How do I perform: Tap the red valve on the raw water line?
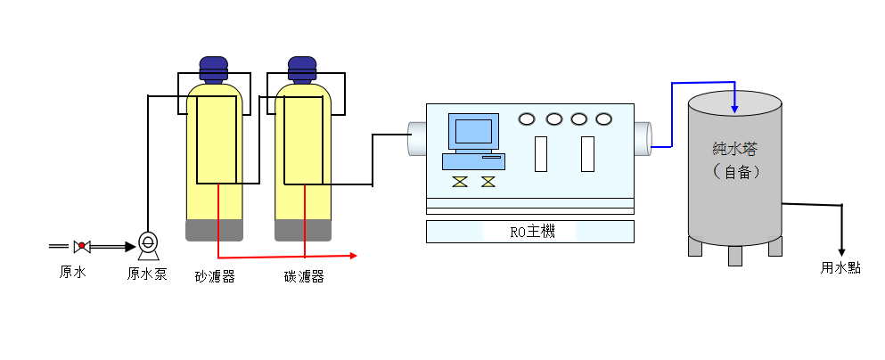click(82, 244)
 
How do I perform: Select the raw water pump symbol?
click(148, 242)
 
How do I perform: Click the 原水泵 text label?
click(147, 274)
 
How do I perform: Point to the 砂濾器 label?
click(215, 276)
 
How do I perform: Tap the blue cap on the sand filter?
click(213, 69)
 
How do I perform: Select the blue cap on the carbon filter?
click(303, 69)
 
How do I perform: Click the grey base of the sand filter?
click(214, 230)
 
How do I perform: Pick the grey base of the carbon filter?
click(303, 230)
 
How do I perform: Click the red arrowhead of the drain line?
click(354, 256)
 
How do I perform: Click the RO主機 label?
click(531, 232)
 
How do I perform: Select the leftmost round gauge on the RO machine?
click(528, 119)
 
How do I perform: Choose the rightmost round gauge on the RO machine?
click(604, 119)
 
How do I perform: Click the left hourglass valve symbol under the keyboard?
click(460, 182)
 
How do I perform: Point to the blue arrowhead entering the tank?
click(734, 109)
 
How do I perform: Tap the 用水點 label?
click(840, 267)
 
